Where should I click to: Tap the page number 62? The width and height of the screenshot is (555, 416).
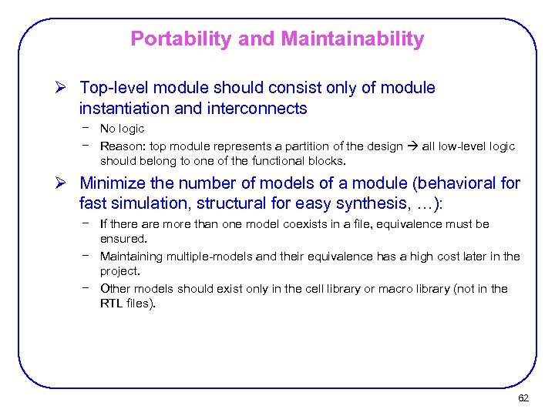[523, 398]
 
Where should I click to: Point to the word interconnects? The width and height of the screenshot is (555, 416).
[257, 109]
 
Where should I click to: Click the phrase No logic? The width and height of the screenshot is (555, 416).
[122, 129]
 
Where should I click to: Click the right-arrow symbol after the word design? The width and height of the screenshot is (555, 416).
[411, 146]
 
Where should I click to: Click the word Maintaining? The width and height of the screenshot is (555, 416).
[133, 257]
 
